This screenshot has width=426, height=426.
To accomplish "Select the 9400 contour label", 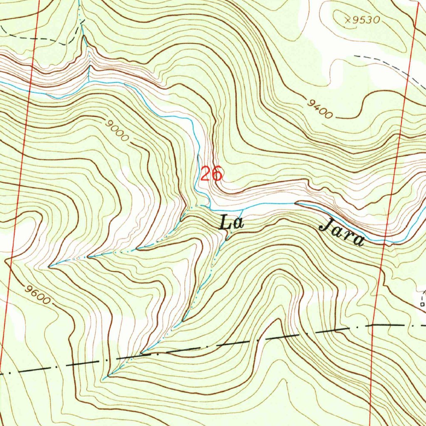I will (x=320, y=109).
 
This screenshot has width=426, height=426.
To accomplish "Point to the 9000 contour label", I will (x=118, y=131).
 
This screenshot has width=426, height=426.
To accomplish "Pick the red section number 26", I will (x=211, y=174).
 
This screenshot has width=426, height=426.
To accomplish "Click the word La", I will (x=231, y=223).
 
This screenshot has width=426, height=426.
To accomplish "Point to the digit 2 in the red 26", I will (x=206, y=174).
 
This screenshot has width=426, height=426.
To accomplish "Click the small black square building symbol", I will (x=422, y=304).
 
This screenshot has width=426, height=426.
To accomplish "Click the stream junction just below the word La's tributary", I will (x=227, y=238).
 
